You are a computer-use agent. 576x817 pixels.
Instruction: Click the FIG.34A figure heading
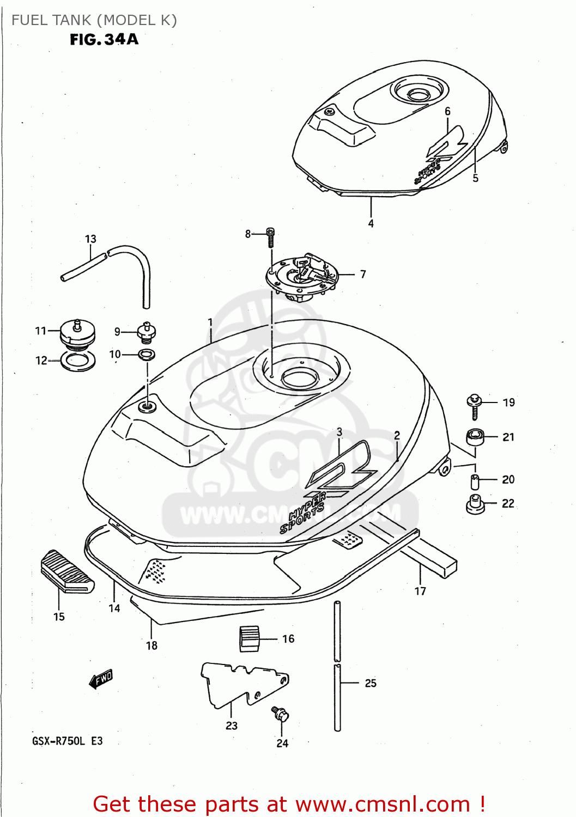pyautogui.click(x=104, y=39)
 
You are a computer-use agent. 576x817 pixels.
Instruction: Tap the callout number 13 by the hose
pyautogui.click(x=90, y=239)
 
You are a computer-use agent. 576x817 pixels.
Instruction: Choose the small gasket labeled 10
pyautogui.click(x=146, y=355)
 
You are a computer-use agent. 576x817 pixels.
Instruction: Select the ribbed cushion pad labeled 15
pyautogui.click(x=66, y=571)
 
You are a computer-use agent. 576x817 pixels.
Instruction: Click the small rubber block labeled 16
pyautogui.click(x=250, y=638)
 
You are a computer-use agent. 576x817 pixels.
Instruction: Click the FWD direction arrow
pyautogui.click(x=101, y=679)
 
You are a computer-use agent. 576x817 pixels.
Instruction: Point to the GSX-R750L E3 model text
pyautogui.click(x=67, y=741)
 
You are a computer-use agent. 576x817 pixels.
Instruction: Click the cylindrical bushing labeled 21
pyautogui.click(x=475, y=437)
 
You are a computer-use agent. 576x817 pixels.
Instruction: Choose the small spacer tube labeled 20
pyautogui.click(x=474, y=481)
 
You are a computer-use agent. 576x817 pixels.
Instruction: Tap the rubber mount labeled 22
pyautogui.click(x=475, y=504)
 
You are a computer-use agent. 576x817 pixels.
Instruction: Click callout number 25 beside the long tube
pyautogui.click(x=371, y=683)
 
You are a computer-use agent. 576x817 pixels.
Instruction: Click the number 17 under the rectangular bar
pyautogui.click(x=420, y=591)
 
